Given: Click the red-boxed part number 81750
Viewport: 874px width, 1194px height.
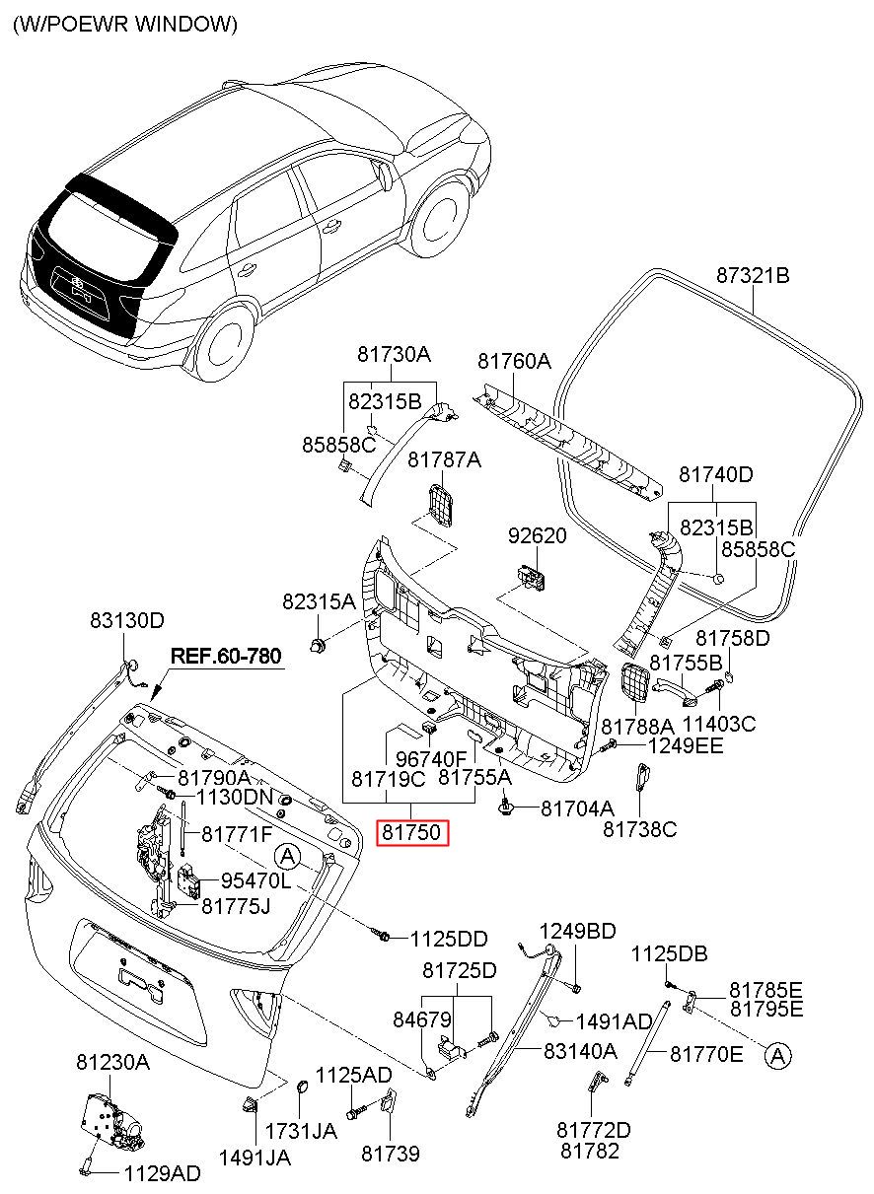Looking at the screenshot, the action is tap(412, 832).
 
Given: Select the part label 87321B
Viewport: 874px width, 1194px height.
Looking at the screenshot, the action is tap(753, 276).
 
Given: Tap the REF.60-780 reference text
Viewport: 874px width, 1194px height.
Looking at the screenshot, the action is tap(226, 656).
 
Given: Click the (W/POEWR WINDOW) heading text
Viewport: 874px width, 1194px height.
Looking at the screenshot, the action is tap(125, 24).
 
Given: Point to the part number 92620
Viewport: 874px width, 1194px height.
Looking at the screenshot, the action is tap(537, 535).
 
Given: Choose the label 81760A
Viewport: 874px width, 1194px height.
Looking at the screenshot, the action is tap(514, 361).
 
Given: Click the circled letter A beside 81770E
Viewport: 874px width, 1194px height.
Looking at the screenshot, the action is tap(777, 1056).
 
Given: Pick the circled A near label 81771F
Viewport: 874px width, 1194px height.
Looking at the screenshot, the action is tap(287, 857).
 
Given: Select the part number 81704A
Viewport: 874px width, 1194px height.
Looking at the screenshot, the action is tap(577, 808).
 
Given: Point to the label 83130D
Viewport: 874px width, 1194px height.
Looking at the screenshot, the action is tap(127, 620).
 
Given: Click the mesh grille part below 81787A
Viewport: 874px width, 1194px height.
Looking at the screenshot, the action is tap(441, 504).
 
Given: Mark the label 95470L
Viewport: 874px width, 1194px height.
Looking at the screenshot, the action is tap(255, 881).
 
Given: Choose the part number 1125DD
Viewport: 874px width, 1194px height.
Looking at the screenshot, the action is tap(449, 940).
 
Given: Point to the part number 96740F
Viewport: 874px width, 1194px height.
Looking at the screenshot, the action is tap(431, 758).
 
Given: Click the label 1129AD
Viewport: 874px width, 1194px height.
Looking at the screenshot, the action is tap(163, 1173).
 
